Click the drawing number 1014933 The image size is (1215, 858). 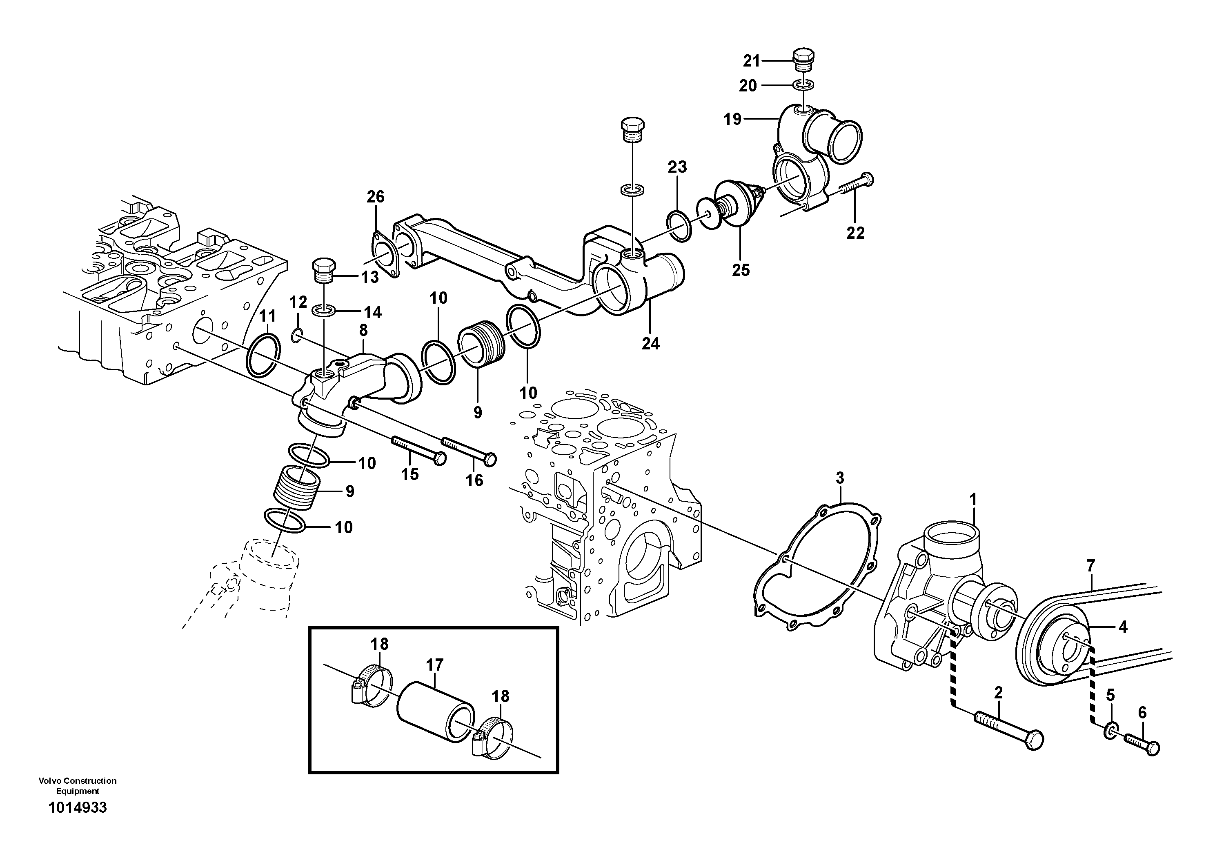(77, 808)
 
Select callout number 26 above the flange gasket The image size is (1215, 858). (375, 197)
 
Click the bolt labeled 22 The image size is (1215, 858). (856, 187)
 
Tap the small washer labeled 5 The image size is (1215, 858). (1110, 733)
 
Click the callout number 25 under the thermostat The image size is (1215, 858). (741, 270)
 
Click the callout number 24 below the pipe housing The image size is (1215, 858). (650, 343)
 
